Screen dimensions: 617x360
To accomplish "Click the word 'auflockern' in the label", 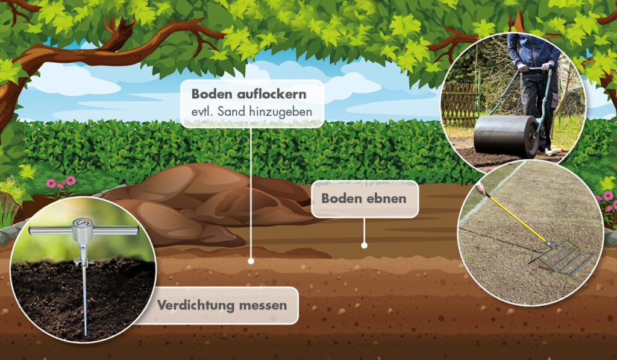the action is click(x=272, y=94).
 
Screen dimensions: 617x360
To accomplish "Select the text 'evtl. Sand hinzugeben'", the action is click(x=251, y=112).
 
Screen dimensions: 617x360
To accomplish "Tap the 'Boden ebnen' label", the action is click(x=365, y=198).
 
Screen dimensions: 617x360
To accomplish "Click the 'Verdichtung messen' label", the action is click(x=222, y=305).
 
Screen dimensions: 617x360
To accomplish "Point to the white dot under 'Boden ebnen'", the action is click(x=364, y=245).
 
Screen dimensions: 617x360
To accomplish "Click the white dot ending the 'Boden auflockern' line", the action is click(x=251, y=261).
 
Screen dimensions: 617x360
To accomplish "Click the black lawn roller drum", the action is click(x=506, y=136).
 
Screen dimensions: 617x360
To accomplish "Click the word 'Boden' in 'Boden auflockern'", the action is click(x=213, y=94).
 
